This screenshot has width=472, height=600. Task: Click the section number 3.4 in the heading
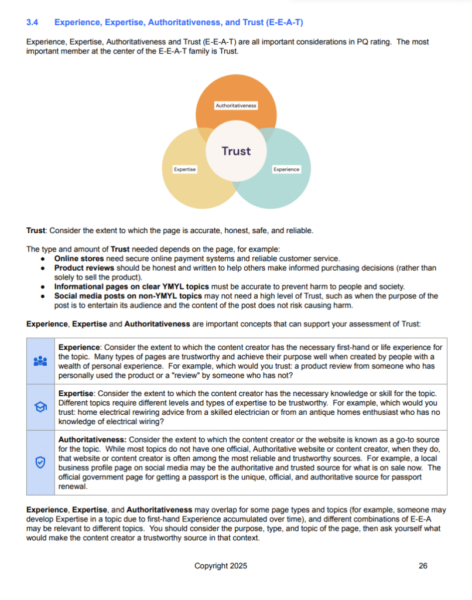tap(32, 23)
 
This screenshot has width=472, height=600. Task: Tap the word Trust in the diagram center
tap(236, 151)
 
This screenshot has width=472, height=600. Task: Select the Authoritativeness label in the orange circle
tap(236, 105)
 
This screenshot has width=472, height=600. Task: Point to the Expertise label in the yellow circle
tap(185, 169)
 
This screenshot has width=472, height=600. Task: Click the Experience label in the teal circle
tap(286, 169)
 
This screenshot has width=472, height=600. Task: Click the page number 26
tap(423, 566)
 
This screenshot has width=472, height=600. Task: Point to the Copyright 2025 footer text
tap(221, 566)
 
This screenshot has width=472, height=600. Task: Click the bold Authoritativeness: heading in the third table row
tap(92, 439)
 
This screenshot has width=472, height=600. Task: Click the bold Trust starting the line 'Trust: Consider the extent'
tap(36, 230)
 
